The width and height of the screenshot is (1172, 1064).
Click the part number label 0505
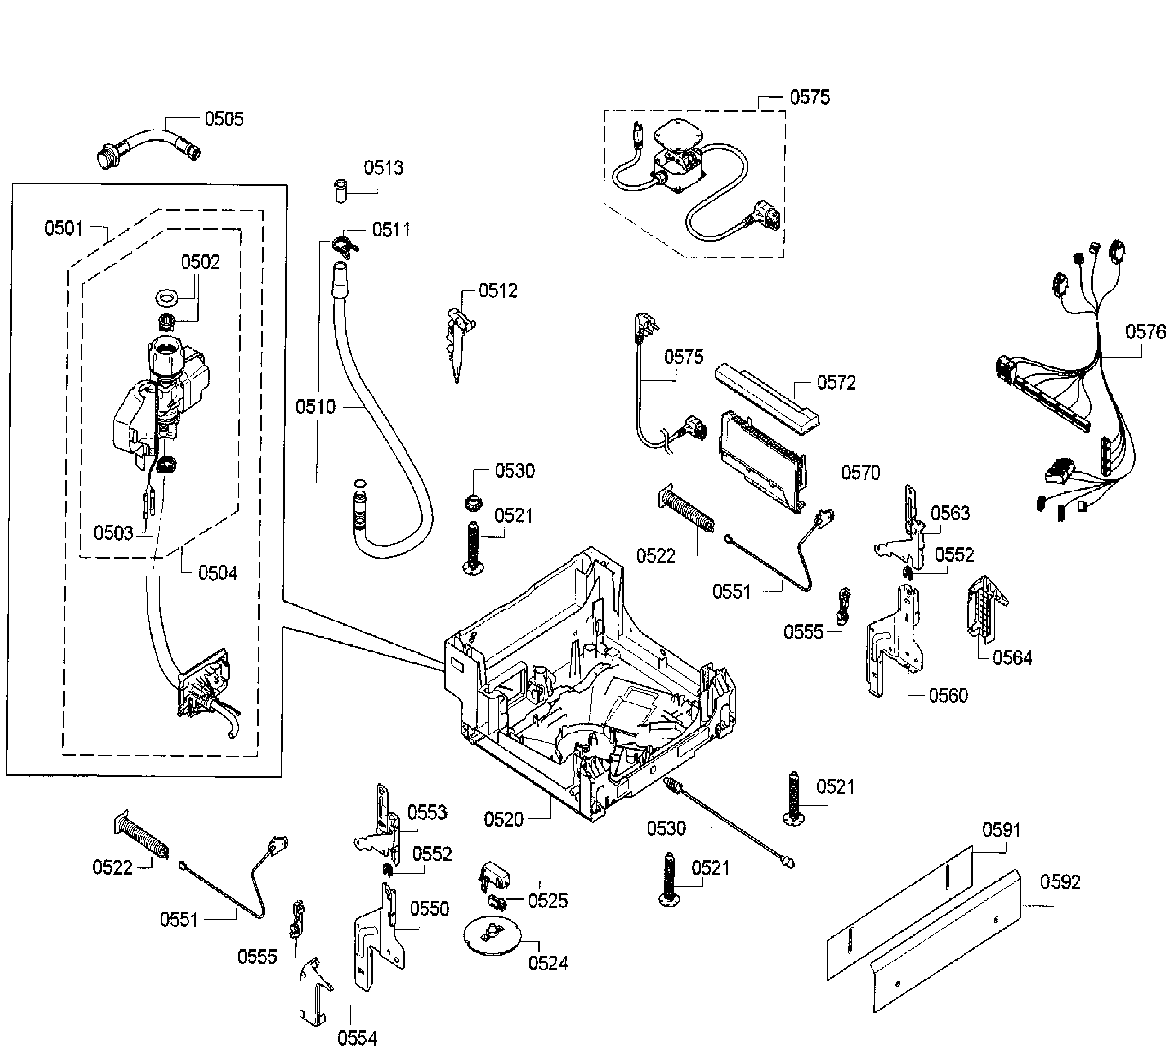(x=224, y=119)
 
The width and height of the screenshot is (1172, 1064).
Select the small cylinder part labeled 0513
(x=341, y=191)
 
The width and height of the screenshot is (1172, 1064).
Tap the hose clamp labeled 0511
(x=345, y=243)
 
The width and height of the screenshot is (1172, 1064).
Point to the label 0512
(x=498, y=291)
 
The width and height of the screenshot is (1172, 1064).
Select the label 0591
(x=1001, y=830)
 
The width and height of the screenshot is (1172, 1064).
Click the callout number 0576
(x=1145, y=332)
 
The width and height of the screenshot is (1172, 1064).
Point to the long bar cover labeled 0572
(x=766, y=399)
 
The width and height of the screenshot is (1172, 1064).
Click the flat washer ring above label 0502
(x=169, y=298)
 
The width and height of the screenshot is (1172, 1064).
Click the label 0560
(x=948, y=695)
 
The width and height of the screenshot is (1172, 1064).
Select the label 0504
(x=218, y=574)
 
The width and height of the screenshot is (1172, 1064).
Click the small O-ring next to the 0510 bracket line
(x=360, y=483)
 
